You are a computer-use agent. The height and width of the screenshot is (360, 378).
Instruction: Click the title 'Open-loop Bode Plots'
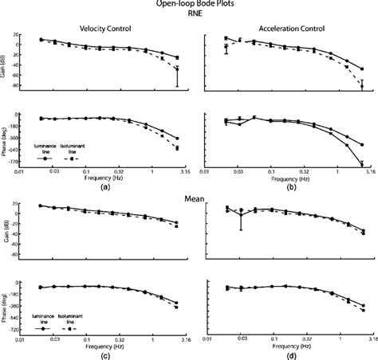[x=188, y=4]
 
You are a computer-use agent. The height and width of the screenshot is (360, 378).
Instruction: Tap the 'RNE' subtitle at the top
[x=189, y=14]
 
